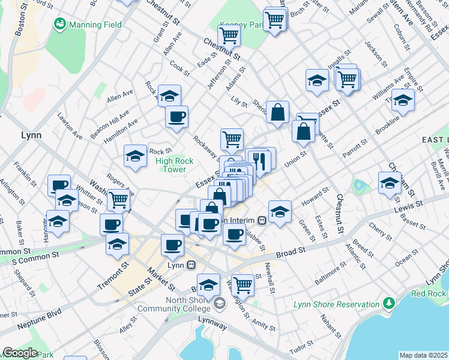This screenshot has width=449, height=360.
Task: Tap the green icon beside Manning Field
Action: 59,25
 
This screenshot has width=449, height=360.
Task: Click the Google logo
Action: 20,353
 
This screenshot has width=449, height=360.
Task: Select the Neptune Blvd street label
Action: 39,313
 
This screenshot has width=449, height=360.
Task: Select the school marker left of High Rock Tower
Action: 136,157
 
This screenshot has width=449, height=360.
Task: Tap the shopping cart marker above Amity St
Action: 243,284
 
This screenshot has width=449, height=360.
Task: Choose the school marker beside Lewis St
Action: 390,182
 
